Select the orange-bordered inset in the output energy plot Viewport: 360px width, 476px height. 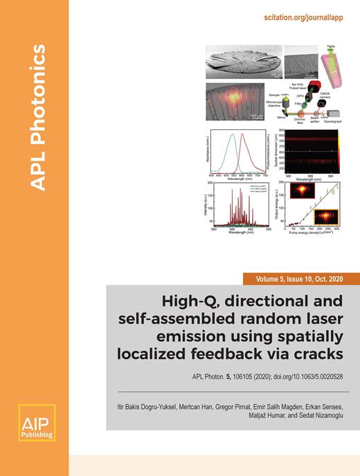click(325, 219)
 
